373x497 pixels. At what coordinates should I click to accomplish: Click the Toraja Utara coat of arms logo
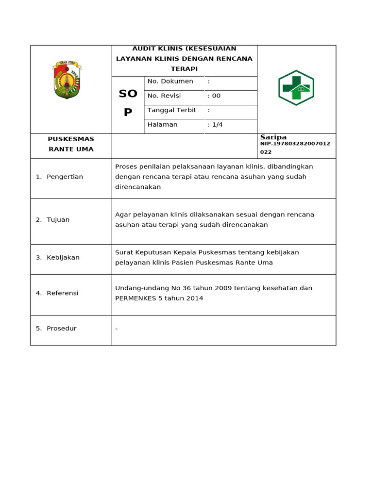67,80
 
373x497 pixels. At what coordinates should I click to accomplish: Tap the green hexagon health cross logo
296,88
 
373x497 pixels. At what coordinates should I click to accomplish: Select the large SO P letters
128,103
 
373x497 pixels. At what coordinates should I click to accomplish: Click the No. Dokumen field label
170,82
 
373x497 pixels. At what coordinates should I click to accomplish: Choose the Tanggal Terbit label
171,110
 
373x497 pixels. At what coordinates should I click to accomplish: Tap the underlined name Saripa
273,137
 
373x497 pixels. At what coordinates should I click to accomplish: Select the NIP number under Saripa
295,144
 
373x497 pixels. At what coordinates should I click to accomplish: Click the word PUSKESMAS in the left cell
71,139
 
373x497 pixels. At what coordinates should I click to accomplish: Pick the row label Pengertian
65,177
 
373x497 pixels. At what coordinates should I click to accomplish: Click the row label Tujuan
58,220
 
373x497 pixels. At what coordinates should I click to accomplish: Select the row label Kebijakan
63,258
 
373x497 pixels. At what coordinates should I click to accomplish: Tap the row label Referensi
62,293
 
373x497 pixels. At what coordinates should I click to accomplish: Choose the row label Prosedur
61,329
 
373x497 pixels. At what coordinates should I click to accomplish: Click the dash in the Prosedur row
117,329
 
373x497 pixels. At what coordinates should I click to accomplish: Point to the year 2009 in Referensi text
223,288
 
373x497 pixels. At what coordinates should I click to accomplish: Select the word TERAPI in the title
184,69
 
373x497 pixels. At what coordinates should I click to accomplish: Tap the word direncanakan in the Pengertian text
138,187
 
